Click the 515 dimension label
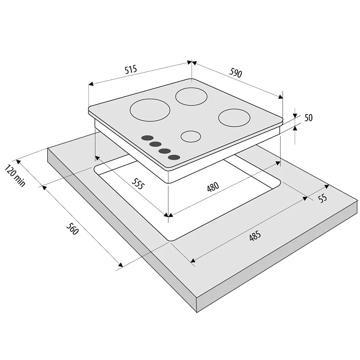coord(131,69)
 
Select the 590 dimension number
coord(236,73)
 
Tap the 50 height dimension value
coord(309,117)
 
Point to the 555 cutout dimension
coord(138,184)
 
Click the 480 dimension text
coord(213,187)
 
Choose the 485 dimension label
coord(255,236)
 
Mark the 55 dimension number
coord(323,198)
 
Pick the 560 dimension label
coord(72,229)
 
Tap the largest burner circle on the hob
coord(150,110)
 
